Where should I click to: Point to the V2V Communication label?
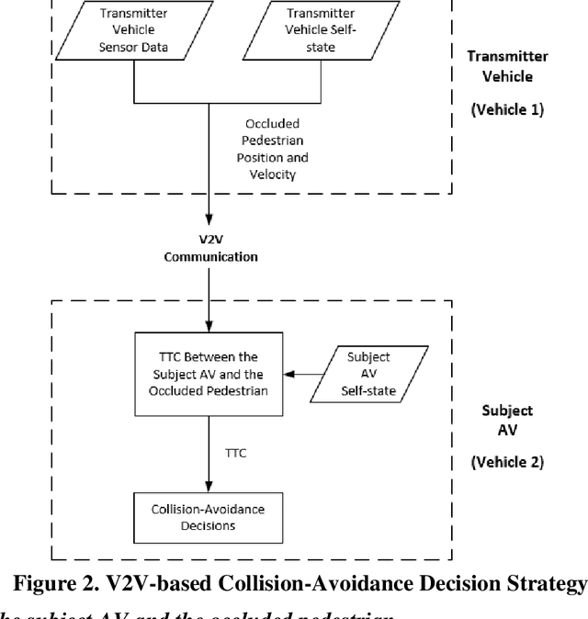coord(210,250)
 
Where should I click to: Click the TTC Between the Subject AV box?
coord(209,374)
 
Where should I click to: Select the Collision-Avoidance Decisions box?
coord(210,518)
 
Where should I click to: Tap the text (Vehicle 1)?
coord(507,109)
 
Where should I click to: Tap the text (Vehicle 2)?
coord(507,461)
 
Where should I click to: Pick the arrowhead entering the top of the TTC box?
coord(210,327)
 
